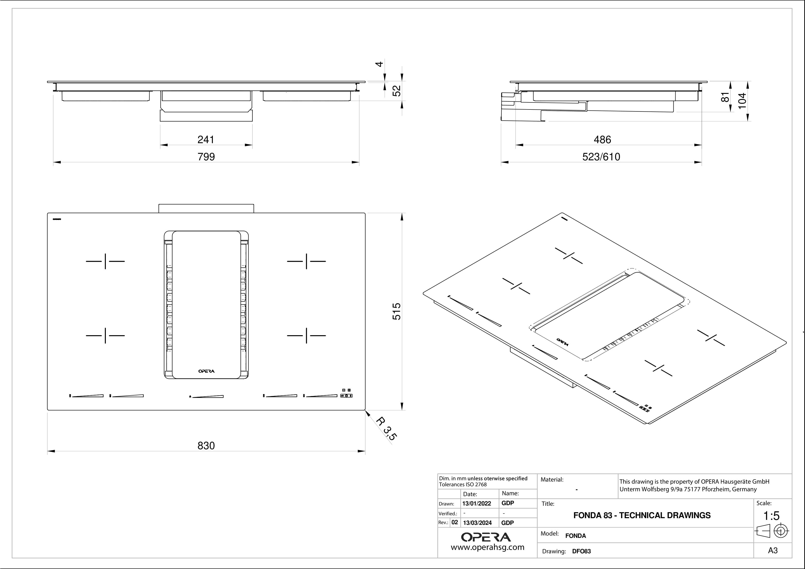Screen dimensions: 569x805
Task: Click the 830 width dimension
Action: tap(206, 446)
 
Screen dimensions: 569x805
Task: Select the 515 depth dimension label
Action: tap(396, 311)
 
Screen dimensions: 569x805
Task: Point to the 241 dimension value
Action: tap(206, 140)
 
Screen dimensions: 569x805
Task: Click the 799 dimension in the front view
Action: tap(206, 157)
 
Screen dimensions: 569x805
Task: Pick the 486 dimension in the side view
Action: tap(602, 140)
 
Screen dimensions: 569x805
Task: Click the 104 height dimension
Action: tap(742, 101)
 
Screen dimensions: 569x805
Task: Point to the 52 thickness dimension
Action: tap(396, 91)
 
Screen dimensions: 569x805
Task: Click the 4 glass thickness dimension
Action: tap(379, 64)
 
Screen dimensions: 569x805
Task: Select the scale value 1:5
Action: tap(771, 516)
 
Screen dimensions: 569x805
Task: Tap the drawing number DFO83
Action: tap(581, 551)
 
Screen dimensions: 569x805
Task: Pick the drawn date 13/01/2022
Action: tap(477, 504)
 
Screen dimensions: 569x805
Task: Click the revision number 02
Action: tap(455, 522)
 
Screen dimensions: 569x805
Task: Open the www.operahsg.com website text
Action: tap(487, 547)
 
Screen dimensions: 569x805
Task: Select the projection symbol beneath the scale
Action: tap(772, 531)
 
